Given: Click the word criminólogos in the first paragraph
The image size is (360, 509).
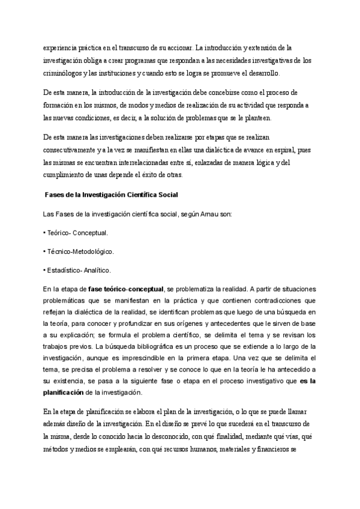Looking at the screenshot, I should point(64,73).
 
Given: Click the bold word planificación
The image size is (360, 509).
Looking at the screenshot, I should point(68,393).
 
